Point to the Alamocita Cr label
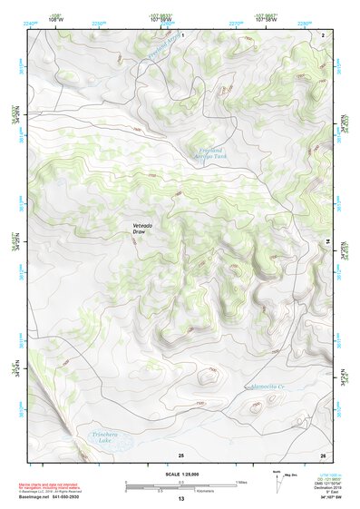point(269,388)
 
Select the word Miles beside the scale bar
point(239,482)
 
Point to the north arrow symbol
point(276,481)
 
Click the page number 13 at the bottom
point(180,500)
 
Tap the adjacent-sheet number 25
point(181,454)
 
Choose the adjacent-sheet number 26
point(322,454)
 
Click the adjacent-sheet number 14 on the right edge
point(327,240)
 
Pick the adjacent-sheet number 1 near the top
point(181,34)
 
